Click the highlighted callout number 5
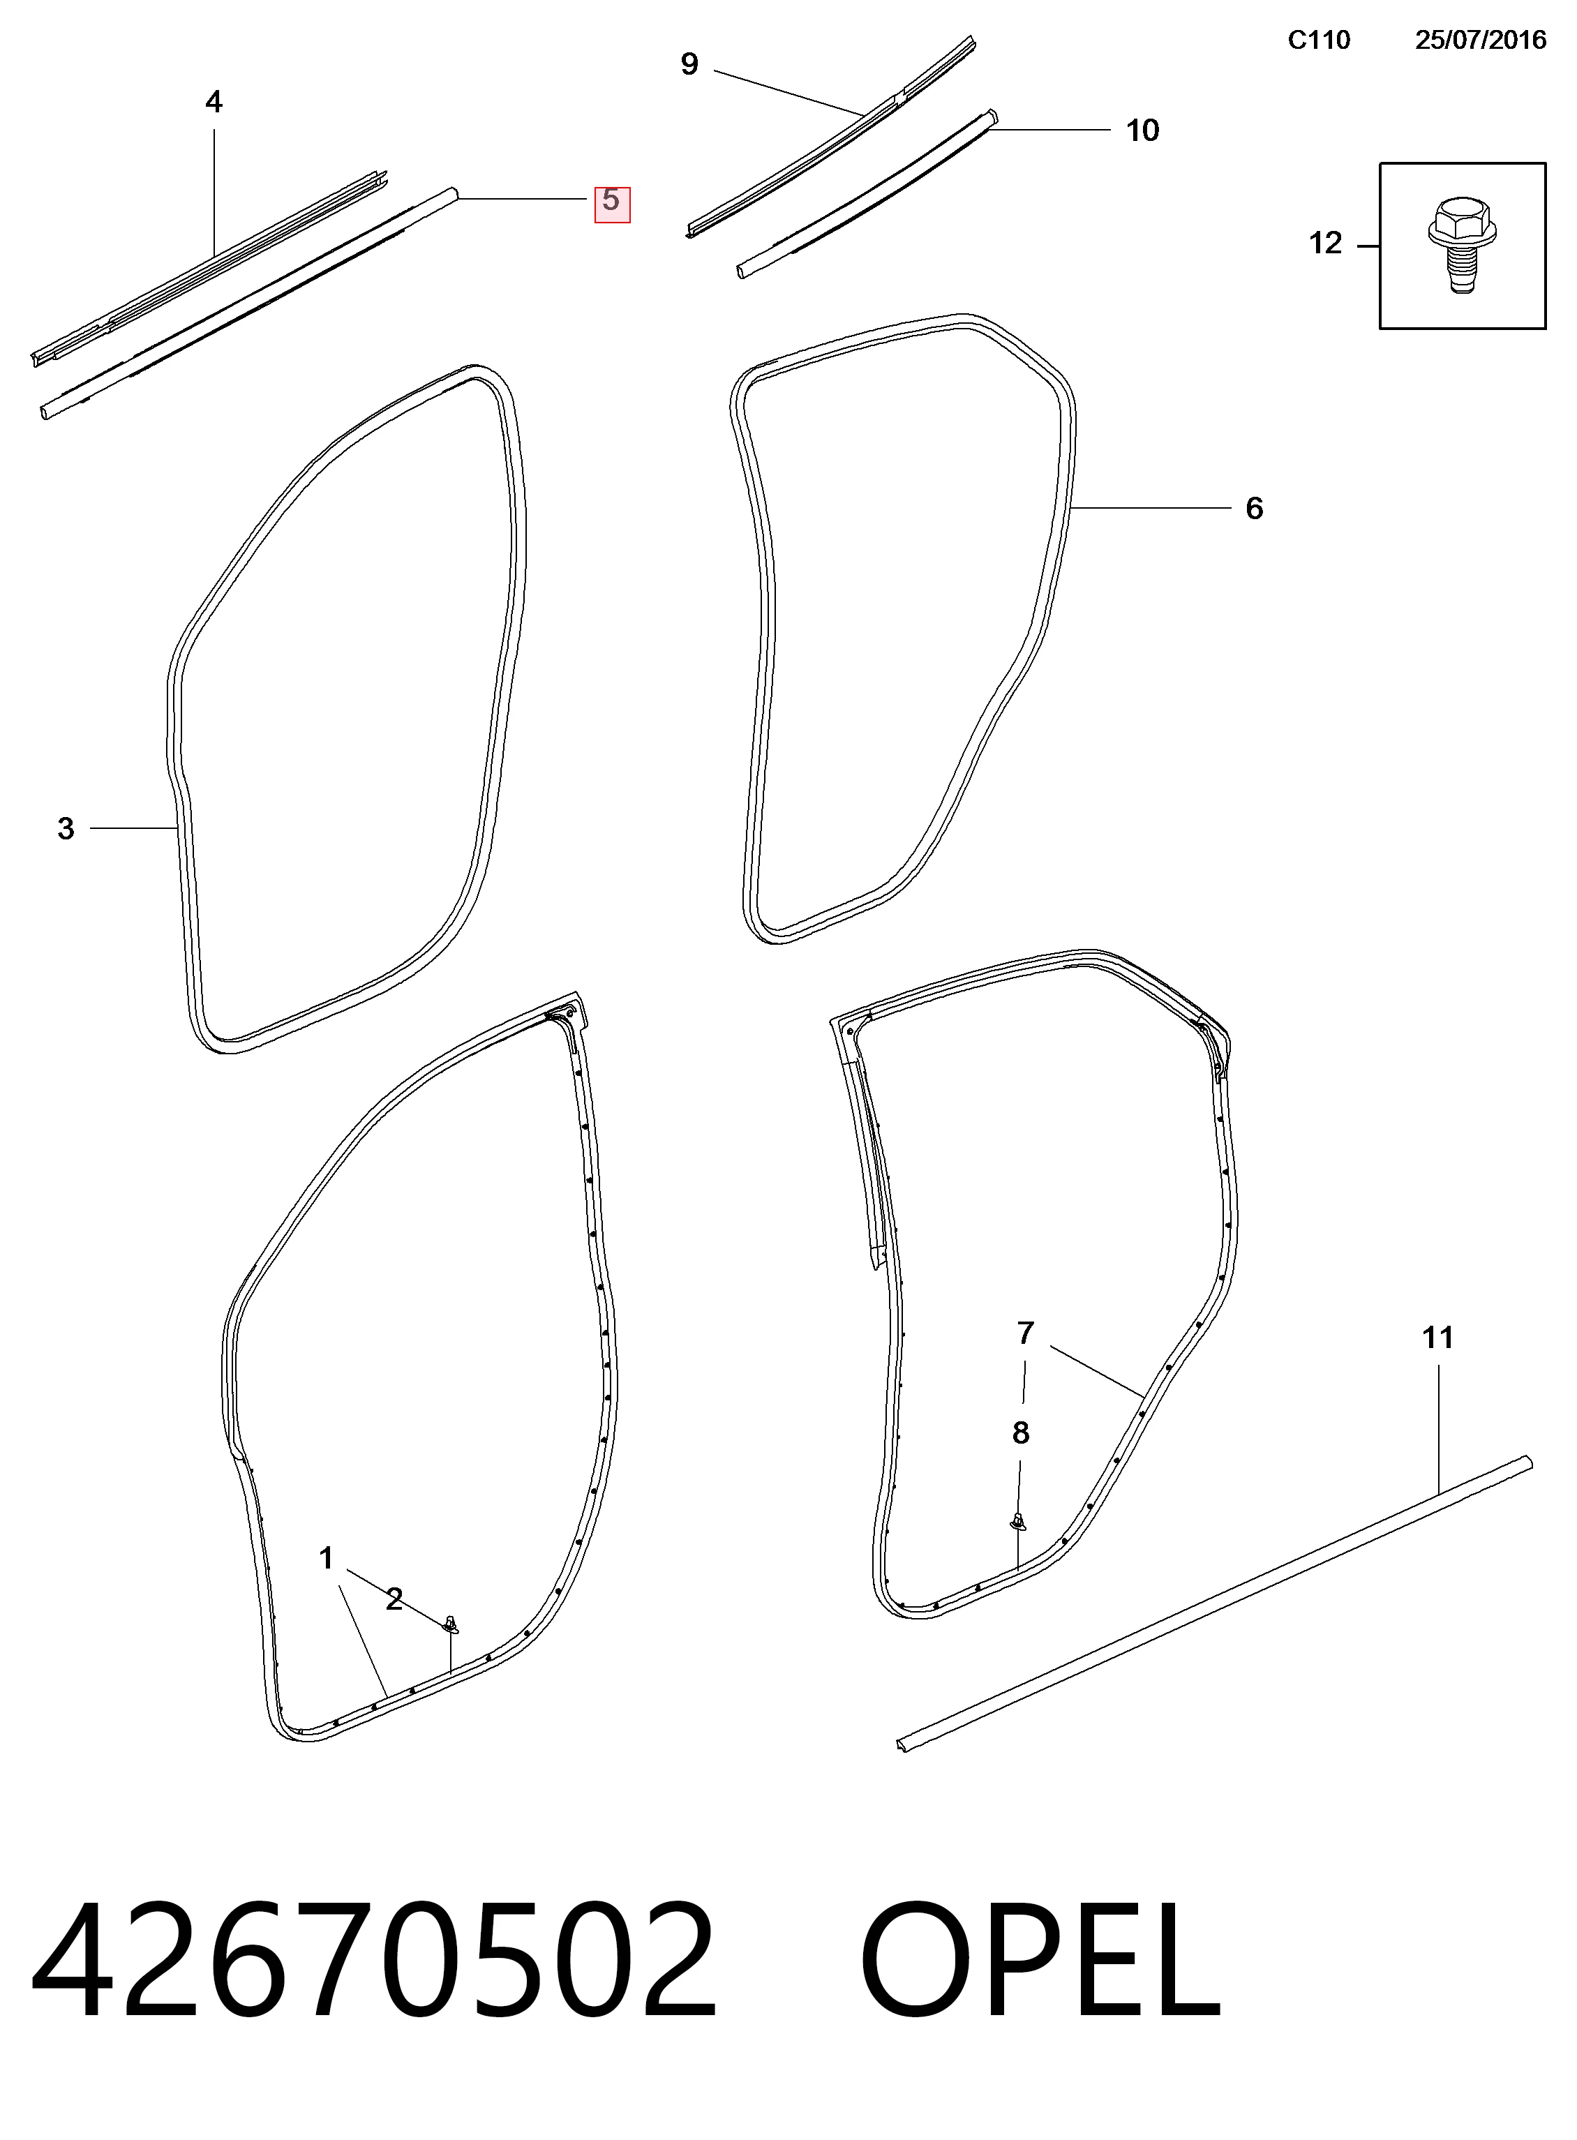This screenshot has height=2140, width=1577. coord(612,202)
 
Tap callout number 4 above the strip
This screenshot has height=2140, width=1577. coord(214,102)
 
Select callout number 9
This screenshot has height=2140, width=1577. coord(689,65)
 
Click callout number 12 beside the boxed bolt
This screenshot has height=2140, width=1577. coord(1325,244)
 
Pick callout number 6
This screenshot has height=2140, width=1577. coord(1255,509)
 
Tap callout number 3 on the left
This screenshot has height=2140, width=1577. coord(65,828)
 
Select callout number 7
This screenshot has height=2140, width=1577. coord(1025,1333)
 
